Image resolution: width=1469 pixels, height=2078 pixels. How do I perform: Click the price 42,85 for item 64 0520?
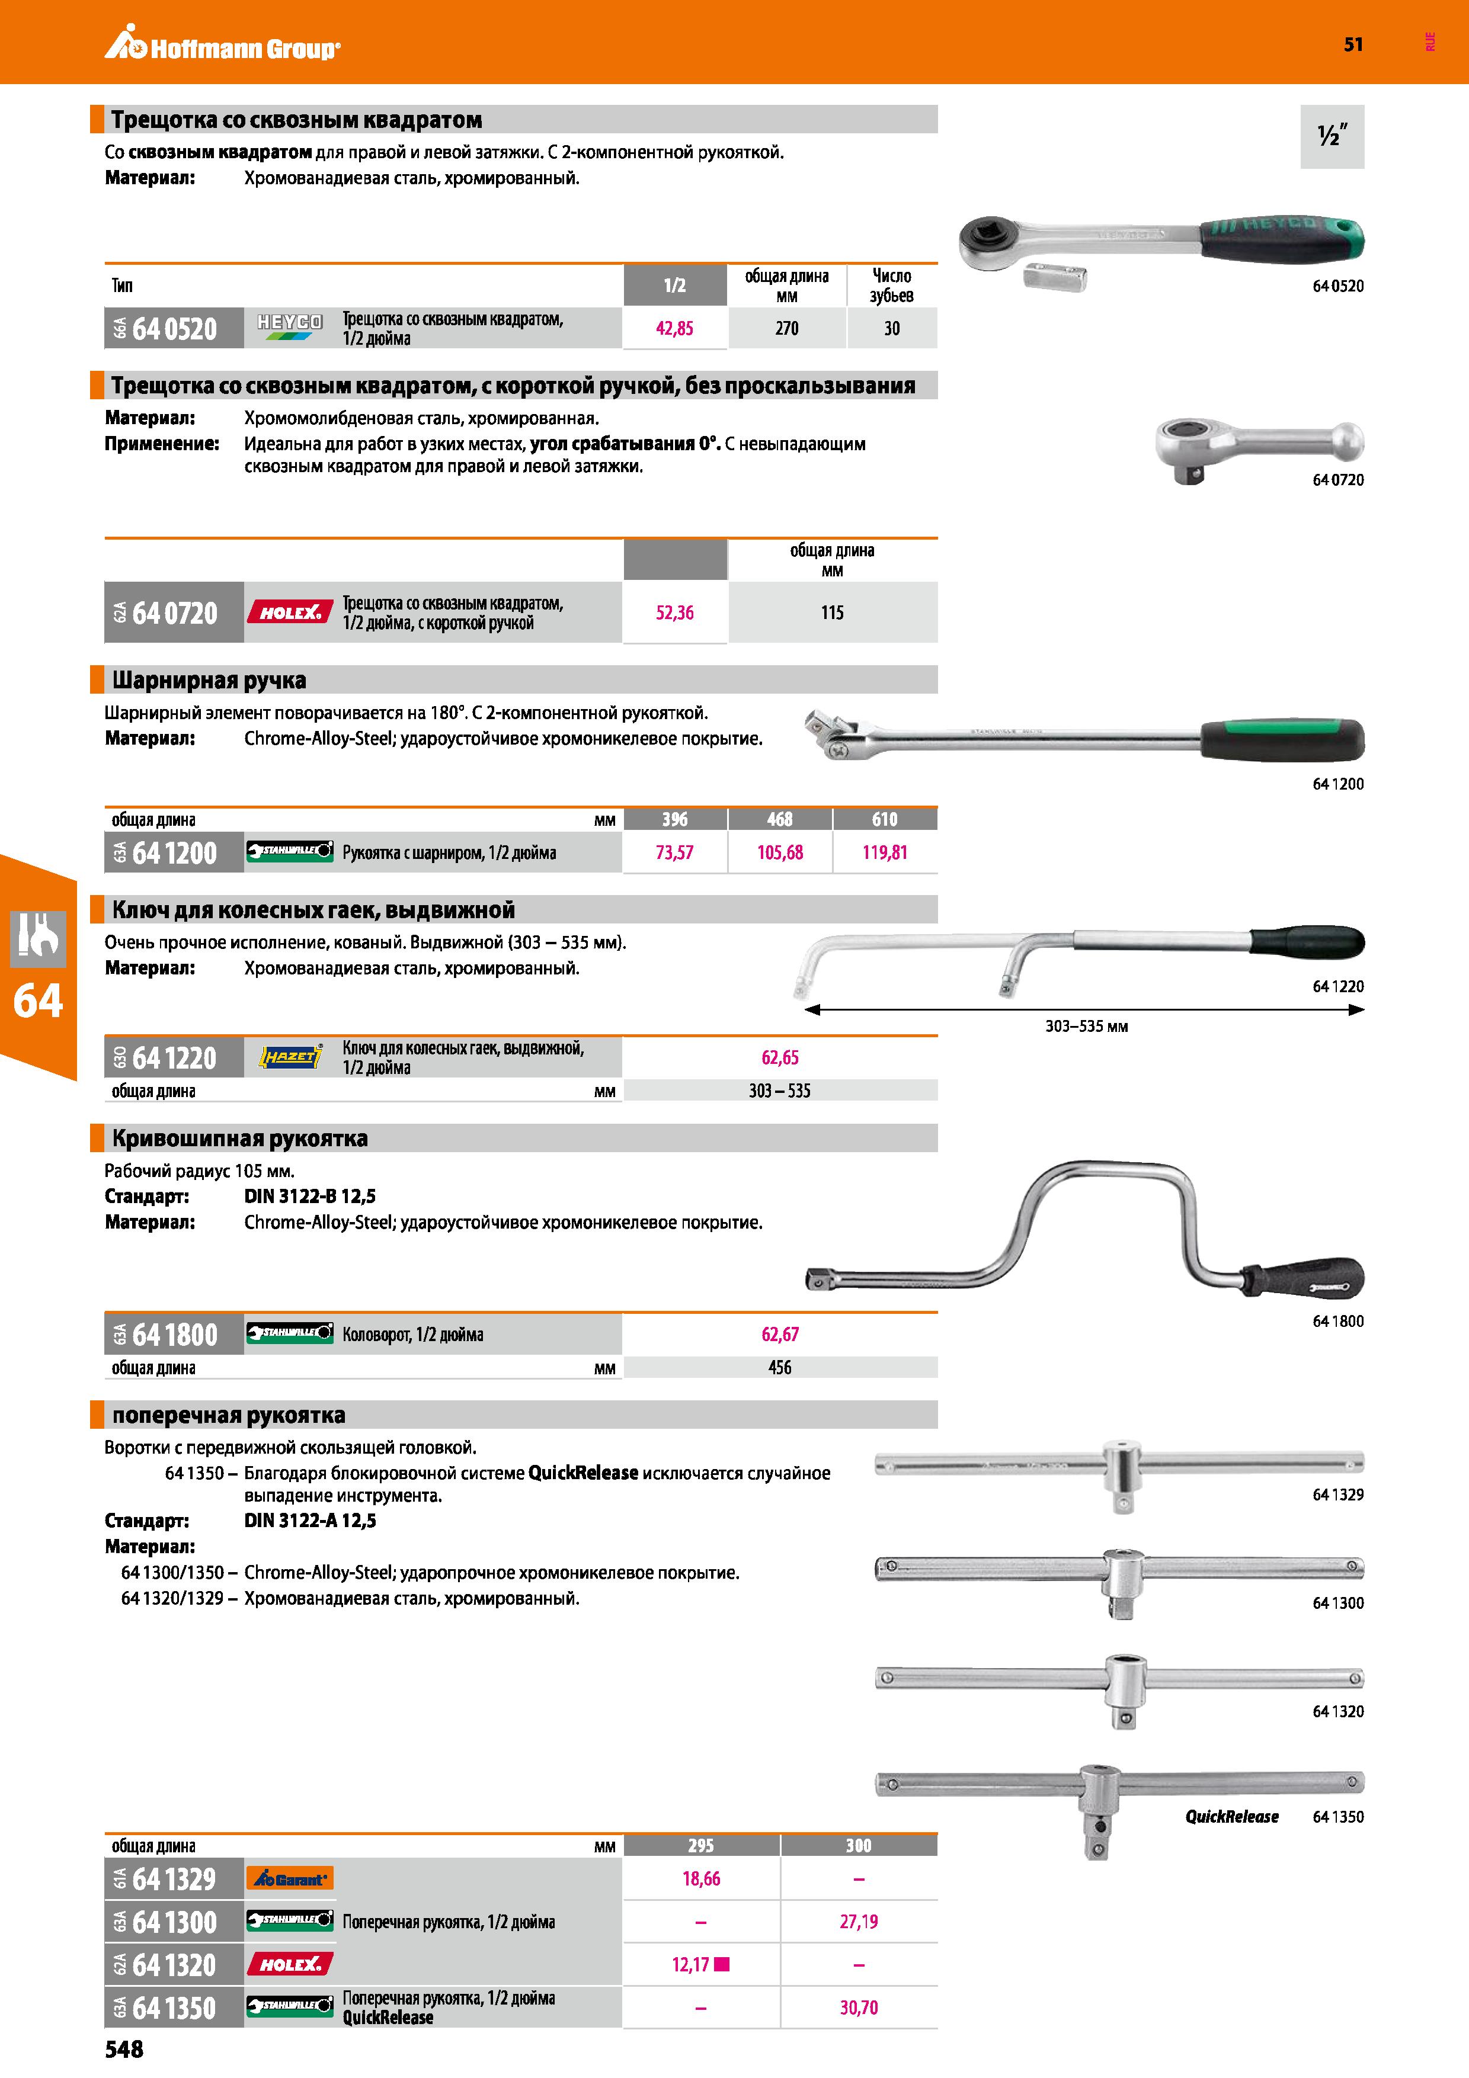(674, 329)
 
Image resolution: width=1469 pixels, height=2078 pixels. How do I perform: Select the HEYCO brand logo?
(290, 327)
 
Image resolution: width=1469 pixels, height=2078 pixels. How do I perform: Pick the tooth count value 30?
(892, 329)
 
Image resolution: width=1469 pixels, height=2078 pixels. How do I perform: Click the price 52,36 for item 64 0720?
(674, 613)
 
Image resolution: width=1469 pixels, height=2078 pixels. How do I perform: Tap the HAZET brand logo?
(290, 1056)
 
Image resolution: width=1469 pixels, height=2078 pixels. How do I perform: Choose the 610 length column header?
(884, 819)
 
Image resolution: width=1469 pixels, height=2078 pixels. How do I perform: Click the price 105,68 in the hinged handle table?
(779, 852)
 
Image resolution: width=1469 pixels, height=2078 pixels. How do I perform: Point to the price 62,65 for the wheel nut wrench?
(779, 1057)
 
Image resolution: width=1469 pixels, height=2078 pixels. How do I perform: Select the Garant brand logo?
(290, 1879)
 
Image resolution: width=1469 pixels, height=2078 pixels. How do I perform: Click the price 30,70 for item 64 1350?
(858, 2008)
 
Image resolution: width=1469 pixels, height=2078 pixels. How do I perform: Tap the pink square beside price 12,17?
(721, 1964)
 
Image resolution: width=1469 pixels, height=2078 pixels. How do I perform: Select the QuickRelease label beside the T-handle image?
(1232, 1816)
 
